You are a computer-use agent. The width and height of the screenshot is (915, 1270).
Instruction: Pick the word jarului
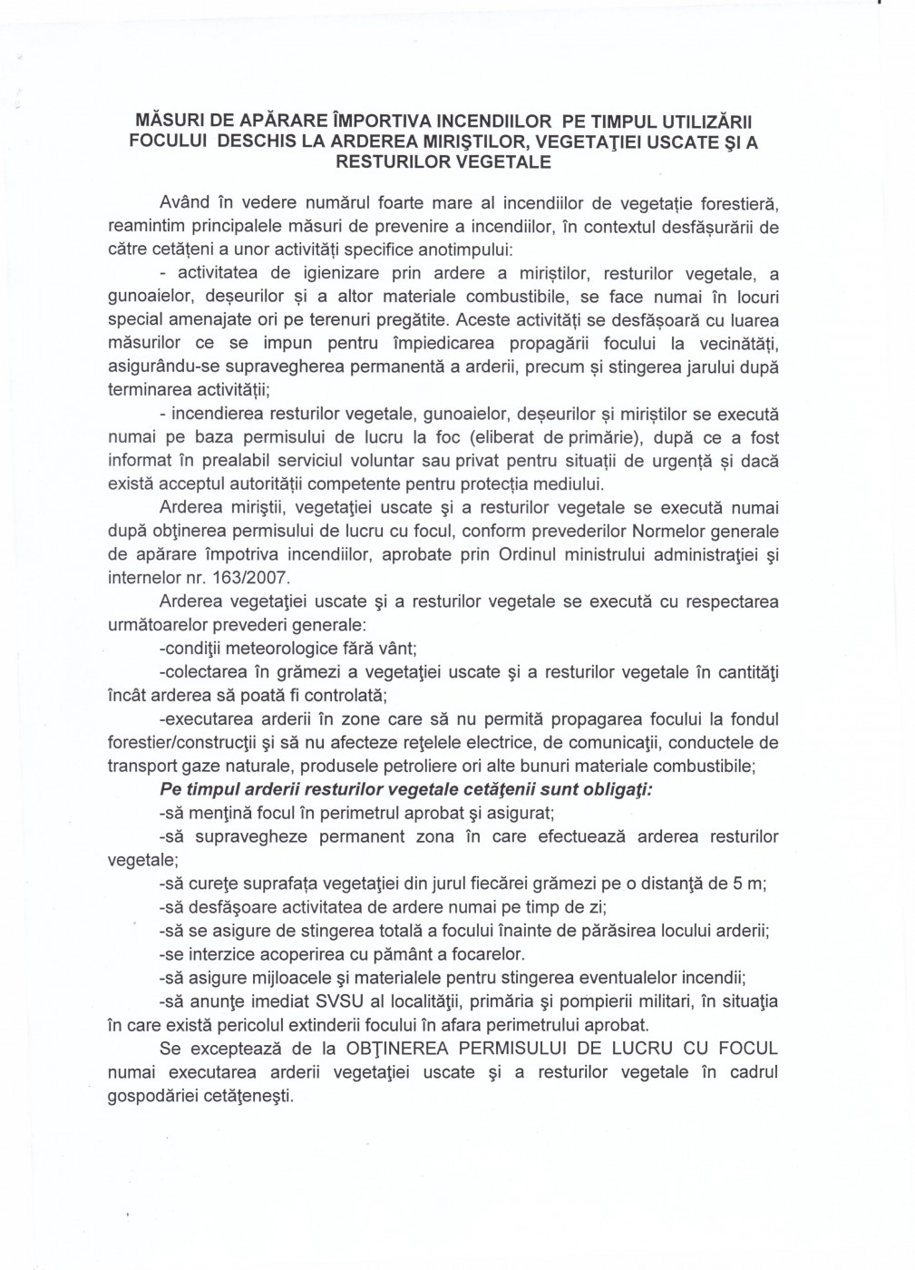(692, 367)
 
